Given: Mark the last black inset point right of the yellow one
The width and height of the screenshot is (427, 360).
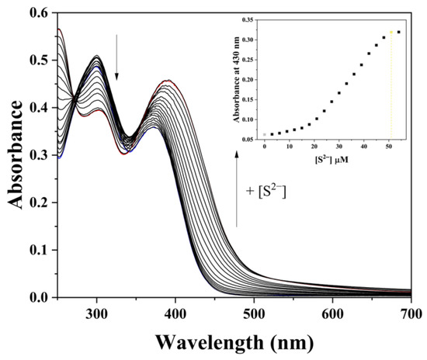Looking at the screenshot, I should coord(399,32).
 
